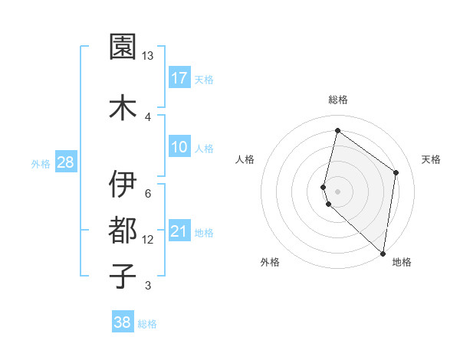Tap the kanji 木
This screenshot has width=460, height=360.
[123, 107]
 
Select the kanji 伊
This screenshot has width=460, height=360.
[123, 184]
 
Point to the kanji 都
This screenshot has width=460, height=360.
[123, 229]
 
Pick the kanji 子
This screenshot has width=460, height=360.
[123, 275]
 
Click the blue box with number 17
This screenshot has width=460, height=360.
[179, 78]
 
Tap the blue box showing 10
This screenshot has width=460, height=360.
[179, 147]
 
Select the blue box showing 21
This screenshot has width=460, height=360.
[179, 231]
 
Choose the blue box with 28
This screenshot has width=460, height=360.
[65, 162]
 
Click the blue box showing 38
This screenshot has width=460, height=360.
[123, 322]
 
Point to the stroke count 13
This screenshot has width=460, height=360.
[148, 56]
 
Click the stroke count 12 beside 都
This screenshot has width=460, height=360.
[148, 240]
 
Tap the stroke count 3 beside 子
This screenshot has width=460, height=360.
[148, 286]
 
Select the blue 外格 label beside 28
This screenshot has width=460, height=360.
[41, 163]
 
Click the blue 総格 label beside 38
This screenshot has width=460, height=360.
[147, 324]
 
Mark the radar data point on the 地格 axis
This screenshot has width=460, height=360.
[383, 254]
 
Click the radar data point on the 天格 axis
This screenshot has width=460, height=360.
[396, 172]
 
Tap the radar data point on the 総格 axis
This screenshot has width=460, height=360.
[337, 131]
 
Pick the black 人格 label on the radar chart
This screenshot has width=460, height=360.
[245, 159]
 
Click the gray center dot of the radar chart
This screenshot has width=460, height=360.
[337, 191]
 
